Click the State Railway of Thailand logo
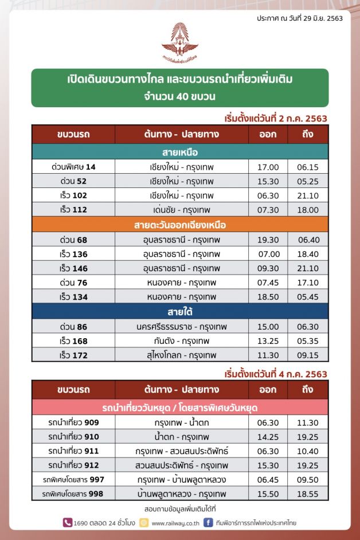tap(179, 42)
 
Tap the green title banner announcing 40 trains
tap(180, 88)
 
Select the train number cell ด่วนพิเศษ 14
tap(73, 167)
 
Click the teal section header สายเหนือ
tap(180, 152)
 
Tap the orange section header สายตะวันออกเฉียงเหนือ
tap(180, 225)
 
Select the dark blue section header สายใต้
tap(180, 311)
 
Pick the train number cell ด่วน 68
tap(73, 240)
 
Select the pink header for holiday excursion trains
tap(180, 408)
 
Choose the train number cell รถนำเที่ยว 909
tap(73, 422)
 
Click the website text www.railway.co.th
tap(175, 523)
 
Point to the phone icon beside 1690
tap(67, 523)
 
